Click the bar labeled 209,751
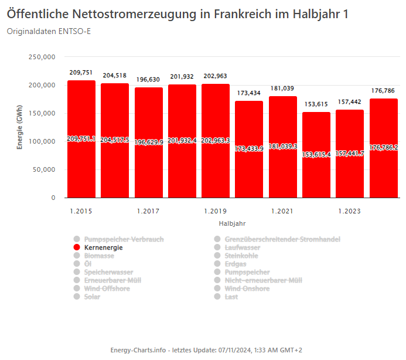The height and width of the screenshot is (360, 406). tap(81, 164)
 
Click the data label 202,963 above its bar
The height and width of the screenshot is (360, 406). tap(216, 76)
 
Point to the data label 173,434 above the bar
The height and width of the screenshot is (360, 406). tap(249, 93)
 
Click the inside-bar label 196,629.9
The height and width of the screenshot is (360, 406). tap(149, 141)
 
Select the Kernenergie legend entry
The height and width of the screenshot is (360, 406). tap(104, 248)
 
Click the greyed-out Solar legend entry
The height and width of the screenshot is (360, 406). tap(92, 297)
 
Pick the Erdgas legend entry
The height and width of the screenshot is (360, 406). tap(236, 264)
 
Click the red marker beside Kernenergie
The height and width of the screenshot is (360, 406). tap(76, 248)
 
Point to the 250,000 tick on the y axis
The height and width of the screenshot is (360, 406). tap(42, 57)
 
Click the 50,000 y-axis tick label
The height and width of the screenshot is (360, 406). tap(43, 170)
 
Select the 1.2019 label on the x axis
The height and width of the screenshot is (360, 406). tap(216, 211)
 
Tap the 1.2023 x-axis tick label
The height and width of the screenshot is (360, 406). tap(350, 211)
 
